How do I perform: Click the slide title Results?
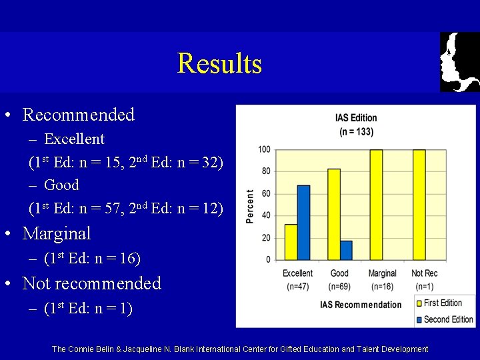point(219,64)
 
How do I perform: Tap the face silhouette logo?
point(459,62)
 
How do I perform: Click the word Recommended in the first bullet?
point(79,115)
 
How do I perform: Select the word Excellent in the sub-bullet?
point(74,139)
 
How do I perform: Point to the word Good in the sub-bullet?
point(61,185)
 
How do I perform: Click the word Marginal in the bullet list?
point(57,234)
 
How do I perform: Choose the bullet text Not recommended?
point(92,283)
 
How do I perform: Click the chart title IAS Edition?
point(356,118)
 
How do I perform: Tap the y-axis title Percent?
point(251,206)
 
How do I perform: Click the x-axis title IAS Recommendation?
point(361,305)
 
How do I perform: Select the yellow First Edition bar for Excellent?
point(291,242)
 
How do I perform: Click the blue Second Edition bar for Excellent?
point(304,223)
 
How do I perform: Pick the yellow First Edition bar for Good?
point(334,214)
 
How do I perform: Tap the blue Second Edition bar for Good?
point(346,250)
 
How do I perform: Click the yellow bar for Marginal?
point(376,205)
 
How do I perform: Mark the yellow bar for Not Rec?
point(419,205)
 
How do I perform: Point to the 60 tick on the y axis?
point(265,194)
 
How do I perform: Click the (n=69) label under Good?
point(340,287)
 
